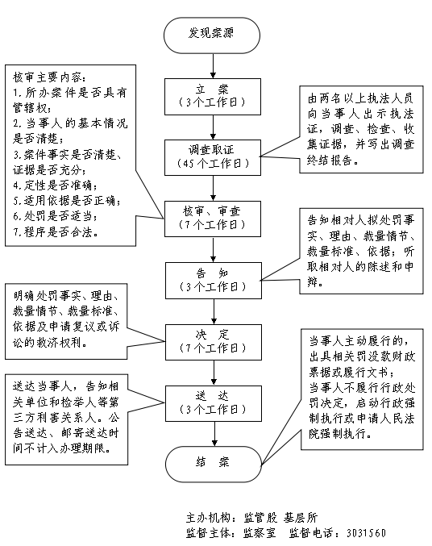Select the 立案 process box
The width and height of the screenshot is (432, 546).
[x=211, y=94]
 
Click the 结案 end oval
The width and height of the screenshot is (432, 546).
[x=211, y=463]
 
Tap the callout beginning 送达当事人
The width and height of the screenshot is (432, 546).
[x=64, y=417]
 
